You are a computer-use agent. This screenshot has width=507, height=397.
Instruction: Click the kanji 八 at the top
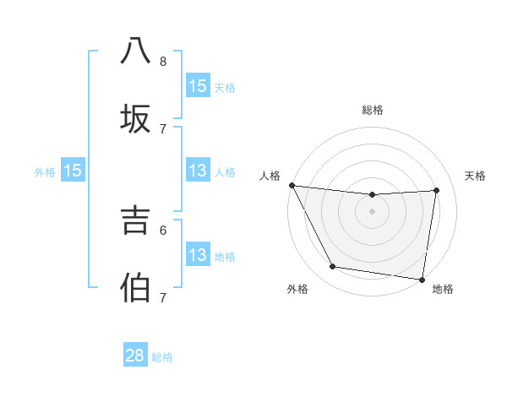(x=136, y=51)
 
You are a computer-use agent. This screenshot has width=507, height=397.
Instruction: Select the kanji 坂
(x=136, y=117)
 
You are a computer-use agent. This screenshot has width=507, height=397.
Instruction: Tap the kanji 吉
(x=136, y=220)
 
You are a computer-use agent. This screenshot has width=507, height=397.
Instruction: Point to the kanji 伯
(x=136, y=286)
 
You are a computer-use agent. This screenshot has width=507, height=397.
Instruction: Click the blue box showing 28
(x=135, y=356)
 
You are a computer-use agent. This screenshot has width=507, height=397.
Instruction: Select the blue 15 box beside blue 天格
(x=198, y=86)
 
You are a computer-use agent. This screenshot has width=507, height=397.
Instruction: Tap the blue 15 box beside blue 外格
(x=73, y=171)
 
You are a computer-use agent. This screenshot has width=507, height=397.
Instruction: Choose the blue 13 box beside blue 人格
(x=198, y=171)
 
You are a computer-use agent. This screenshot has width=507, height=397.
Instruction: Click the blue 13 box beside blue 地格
(x=198, y=255)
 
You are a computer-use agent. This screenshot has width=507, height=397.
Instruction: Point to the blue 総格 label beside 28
(x=162, y=357)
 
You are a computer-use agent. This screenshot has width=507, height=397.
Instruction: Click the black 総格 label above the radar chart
(x=372, y=110)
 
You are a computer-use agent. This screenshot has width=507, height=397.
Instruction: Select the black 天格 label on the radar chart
(x=475, y=176)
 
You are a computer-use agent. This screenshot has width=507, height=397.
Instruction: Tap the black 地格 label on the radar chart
(x=443, y=289)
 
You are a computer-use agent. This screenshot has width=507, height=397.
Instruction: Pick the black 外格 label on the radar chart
(x=297, y=289)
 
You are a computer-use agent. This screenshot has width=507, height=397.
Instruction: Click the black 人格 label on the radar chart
(x=270, y=176)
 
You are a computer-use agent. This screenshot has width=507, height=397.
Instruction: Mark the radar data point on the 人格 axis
(x=292, y=185)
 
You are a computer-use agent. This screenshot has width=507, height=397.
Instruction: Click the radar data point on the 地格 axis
(x=422, y=279)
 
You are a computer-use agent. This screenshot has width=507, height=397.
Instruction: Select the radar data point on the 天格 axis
(x=437, y=190)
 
